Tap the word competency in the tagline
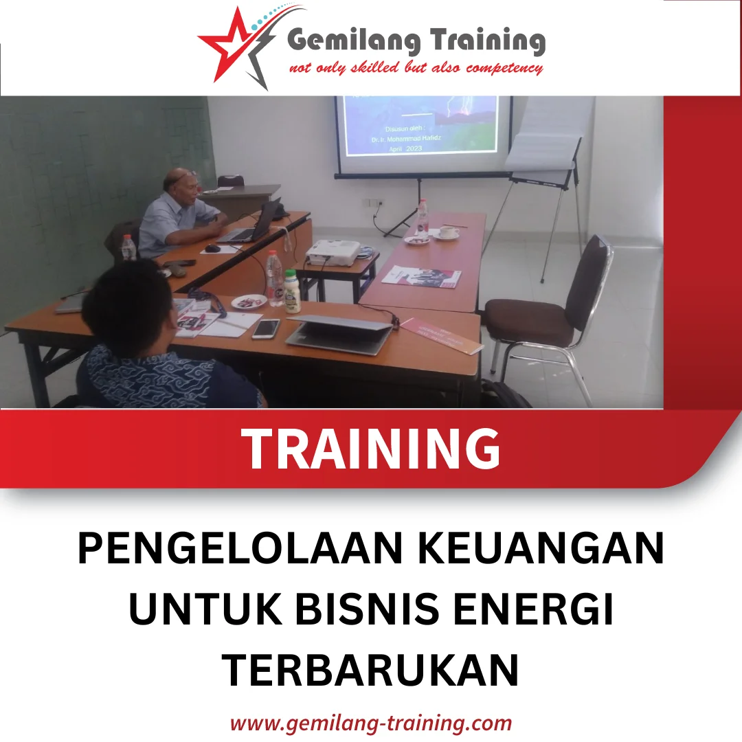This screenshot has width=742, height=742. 504,68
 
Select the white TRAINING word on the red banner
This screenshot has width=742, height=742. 372,449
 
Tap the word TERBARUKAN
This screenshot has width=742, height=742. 370,670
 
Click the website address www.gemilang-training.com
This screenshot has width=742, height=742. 370,723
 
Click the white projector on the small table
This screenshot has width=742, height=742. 333,253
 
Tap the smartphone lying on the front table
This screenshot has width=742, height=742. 265,328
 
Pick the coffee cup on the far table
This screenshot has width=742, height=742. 448,232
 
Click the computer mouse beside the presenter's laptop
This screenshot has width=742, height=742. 212,248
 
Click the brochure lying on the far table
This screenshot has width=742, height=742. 421,276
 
